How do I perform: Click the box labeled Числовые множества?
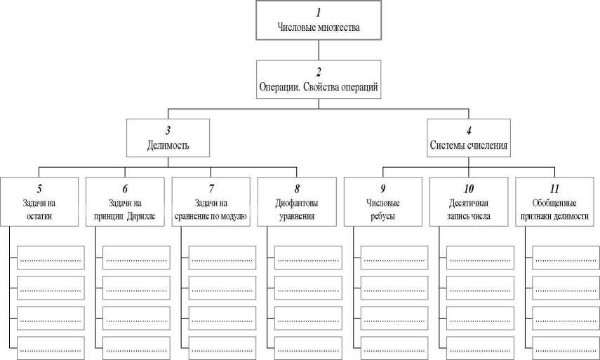[319, 21]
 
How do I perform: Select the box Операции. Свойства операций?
[319, 79]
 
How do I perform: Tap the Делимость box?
[168, 138]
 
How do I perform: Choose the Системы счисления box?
[469, 138]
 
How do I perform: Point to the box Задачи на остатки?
[39, 202]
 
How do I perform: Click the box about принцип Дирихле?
[125, 202]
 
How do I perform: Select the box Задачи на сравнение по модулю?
[211, 202]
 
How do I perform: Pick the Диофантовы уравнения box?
[297, 202]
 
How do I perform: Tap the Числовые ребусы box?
[383, 202]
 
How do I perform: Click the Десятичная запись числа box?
[469, 202]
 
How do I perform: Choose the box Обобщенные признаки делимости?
[555, 202]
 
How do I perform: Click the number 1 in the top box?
[319, 13]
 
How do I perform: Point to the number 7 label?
[211, 188]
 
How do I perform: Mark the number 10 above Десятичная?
[469, 188]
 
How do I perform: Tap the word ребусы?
[383, 216]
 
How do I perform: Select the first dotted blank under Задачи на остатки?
[50, 259]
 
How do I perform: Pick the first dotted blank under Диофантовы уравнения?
[307, 259]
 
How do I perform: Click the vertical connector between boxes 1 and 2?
[319, 50]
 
